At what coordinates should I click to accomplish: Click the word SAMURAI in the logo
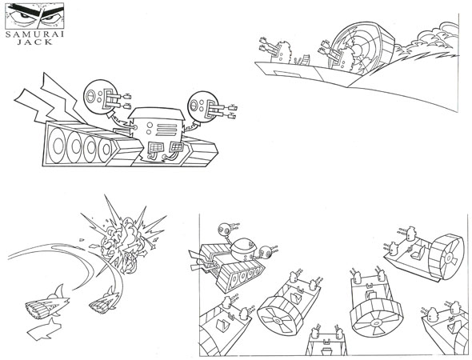coord(34,34)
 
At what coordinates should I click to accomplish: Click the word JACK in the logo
coord(34,42)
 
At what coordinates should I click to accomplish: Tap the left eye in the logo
coord(23,15)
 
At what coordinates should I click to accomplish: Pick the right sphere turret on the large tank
coord(202,106)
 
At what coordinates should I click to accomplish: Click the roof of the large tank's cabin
coord(156,113)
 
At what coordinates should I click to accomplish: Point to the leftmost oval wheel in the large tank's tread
coord(58,146)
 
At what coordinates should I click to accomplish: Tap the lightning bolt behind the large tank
coord(48,99)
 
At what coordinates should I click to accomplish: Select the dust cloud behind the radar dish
coord(427,42)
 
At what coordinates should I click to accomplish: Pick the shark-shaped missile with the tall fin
coord(47,302)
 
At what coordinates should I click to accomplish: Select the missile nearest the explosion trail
coord(104,302)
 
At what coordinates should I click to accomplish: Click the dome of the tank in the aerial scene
coord(244,247)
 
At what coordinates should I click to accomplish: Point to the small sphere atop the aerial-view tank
coord(225,229)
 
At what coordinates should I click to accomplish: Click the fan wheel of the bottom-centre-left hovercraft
coord(279,316)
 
